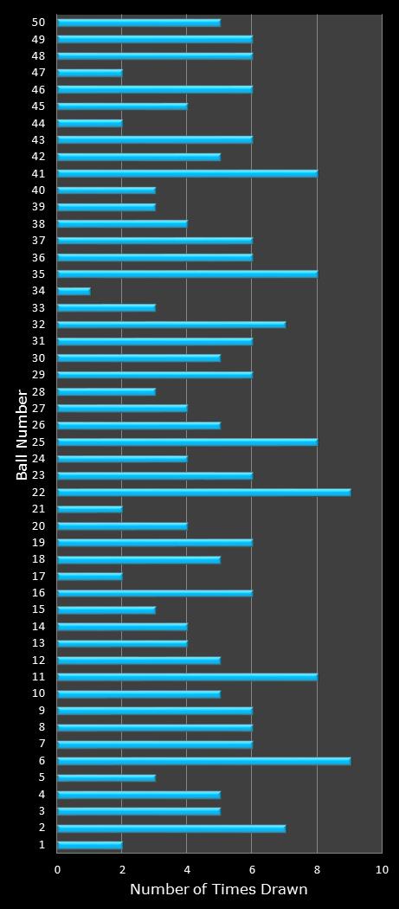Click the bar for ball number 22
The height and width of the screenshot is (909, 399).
pyautogui.click(x=203, y=492)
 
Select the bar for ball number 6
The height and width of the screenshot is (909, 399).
pyautogui.click(x=203, y=760)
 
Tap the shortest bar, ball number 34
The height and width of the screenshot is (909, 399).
pyautogui.click(x=74, y=291)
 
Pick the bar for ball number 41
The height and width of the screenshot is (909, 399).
pyautogui.click(x=187, y=173)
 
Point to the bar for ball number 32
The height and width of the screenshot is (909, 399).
pyautogui.click(x=171, y=325)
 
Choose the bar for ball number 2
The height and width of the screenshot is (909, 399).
pyautogui.click(x=171, y=828)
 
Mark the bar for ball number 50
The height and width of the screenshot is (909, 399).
pyautogui.click(x=138, y=23)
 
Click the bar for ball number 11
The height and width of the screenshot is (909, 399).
pyautogui.click(x=187, y=676)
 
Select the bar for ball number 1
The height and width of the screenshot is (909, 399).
pyautogui.click(x=90, y=844)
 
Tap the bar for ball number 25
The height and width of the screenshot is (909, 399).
pyautogui.click(x=187, y=442)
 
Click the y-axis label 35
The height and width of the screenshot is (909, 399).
pyautogui.click(x=39, y=274)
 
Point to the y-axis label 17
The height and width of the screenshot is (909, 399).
pyautogui.click(x=39, y=576)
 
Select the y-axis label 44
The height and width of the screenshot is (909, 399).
pyautogui.click(x=39, y=123)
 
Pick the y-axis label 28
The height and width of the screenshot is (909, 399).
pyautogui.click(x=39, y=391)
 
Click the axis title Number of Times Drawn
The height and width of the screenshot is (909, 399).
pyautogui.click(x=218, y=889)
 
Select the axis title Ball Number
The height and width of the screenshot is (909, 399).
pyautogui.click(x=22, y=435)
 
